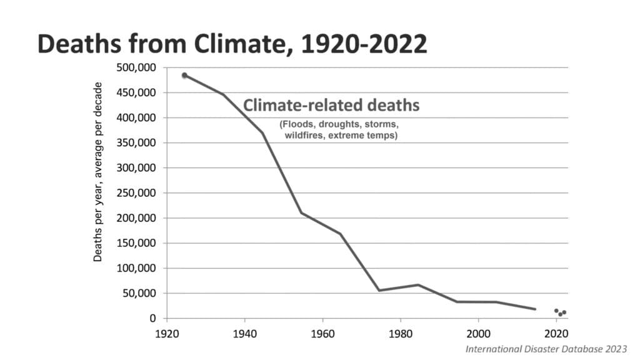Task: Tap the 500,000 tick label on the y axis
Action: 137,67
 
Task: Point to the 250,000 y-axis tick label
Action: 137,193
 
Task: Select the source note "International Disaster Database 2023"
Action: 546,348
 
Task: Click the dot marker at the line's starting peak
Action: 184,75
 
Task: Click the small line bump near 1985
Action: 418,285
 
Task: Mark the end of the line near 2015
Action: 535,309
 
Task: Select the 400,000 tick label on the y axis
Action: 137,117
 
